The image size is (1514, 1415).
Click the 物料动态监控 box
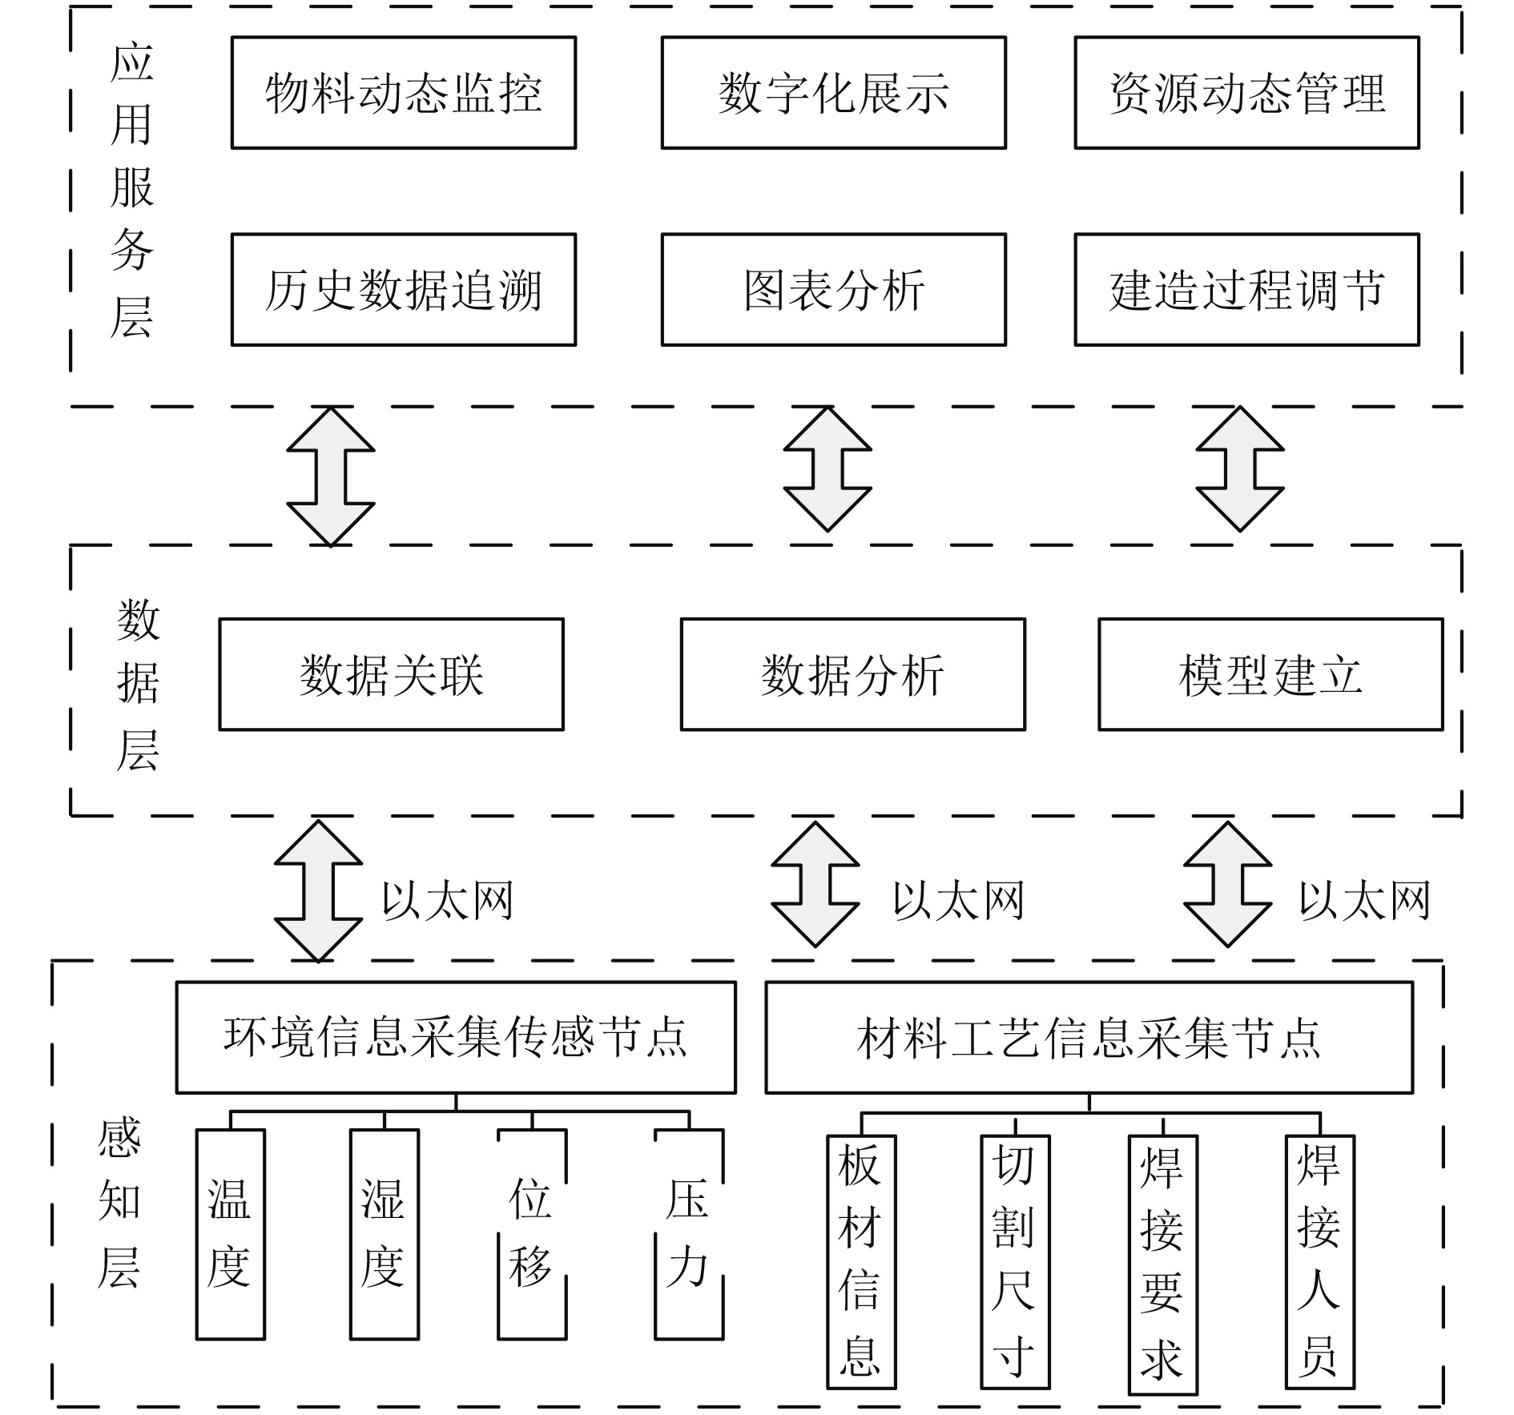pos(404,93)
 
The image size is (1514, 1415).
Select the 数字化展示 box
pos(833,93)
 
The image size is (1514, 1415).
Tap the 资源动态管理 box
pos(1246,93)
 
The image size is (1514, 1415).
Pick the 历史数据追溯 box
pos(404,290)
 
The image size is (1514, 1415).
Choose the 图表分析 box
pos(833,290)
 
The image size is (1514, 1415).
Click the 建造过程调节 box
pos(1246,290)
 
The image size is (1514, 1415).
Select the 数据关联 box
pos(392,674)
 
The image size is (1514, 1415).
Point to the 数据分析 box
pos(853,674)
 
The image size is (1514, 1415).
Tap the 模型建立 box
pos(1270,674)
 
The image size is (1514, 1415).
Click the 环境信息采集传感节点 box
pos(456,1037)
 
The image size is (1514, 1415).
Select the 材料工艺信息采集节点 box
pos(1089,1037)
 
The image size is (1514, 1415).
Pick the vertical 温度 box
pos(231,1234)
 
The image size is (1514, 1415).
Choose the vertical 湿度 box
pos(385,1234)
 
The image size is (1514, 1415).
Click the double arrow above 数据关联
pos(331,476)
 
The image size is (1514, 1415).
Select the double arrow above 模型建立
pos(1240,469)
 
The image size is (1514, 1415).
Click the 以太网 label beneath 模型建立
pos(1364,901)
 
